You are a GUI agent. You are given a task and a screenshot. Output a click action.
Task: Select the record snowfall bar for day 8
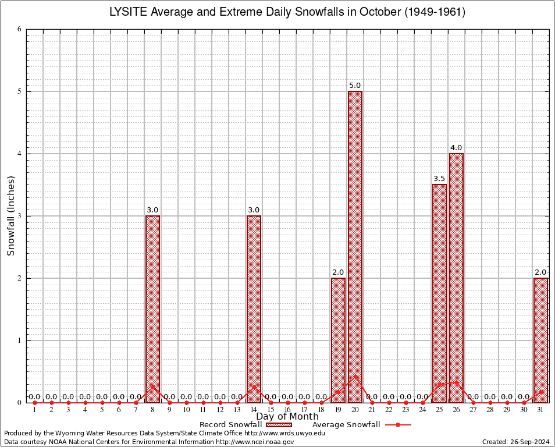[x=152, y=309]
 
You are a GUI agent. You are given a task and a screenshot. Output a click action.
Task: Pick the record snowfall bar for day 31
[x=540, y=340]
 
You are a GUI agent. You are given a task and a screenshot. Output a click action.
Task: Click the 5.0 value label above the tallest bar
[x=355, y=86]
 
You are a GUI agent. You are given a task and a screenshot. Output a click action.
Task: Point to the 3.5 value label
[x=439, y=179]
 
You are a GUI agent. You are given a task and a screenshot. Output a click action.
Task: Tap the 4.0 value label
[x=456, y=148]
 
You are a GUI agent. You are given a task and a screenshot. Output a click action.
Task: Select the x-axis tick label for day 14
[x=254, y=410]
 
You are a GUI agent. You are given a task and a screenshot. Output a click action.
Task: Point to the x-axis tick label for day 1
[x=34, y=410]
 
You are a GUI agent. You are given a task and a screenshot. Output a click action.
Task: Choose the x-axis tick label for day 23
[x=405, y=410]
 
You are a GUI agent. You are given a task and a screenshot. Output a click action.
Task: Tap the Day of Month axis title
[x=287, y=417]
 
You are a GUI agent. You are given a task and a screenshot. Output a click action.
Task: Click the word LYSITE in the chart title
[x=127, y=12]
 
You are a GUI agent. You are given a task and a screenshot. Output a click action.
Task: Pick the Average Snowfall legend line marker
[x=398, y=425]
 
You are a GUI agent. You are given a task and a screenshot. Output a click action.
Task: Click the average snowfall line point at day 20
[x=355, y=376]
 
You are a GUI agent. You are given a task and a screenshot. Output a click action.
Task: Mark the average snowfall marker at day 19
[x=338, y=392]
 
